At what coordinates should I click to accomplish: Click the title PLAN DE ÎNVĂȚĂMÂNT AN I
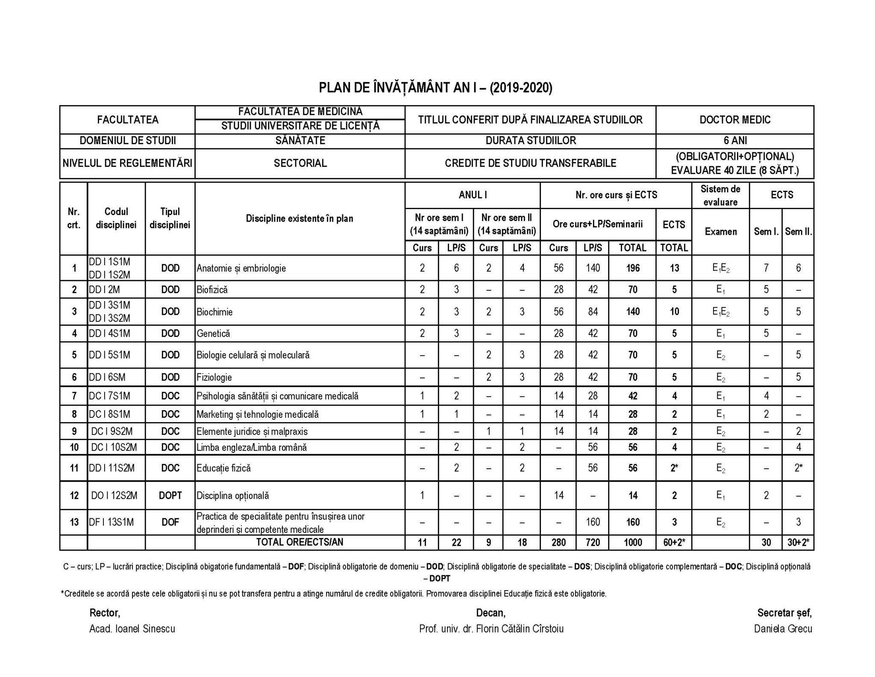[x=435, y=88]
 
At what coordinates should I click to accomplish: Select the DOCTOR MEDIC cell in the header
[x=734, y=120]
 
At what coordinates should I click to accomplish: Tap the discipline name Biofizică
[x=212, y=290]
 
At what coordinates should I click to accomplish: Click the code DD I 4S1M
[x=109, y=333]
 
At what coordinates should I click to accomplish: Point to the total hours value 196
[x=632, y=268]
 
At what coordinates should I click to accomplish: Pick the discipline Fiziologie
[x=214, y=377]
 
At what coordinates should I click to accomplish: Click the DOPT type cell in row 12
[x=170, y=495]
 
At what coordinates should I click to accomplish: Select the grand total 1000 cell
[x=632, y=542]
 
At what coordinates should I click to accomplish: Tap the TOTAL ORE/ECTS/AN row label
[x=299, y=542]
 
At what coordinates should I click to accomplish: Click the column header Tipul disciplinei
[x=170, y=218]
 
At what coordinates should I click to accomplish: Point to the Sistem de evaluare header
[x=720, y=195]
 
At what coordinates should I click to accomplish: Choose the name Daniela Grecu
[x=783, y=629]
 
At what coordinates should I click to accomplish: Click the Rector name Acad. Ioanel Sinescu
[x=132, y=629]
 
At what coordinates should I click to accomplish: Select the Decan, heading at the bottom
[x=490, y=613]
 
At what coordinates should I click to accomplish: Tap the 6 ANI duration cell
[x=734, y=141]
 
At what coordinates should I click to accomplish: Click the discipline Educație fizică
[x=223, y=468]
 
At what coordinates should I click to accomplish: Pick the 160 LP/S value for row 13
[x=592, y=522]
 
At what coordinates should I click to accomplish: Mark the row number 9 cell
[x=74, y=431]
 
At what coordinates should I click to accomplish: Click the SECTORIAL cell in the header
[x=300, y=163]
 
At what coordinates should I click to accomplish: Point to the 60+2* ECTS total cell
[x=673, y=542]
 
